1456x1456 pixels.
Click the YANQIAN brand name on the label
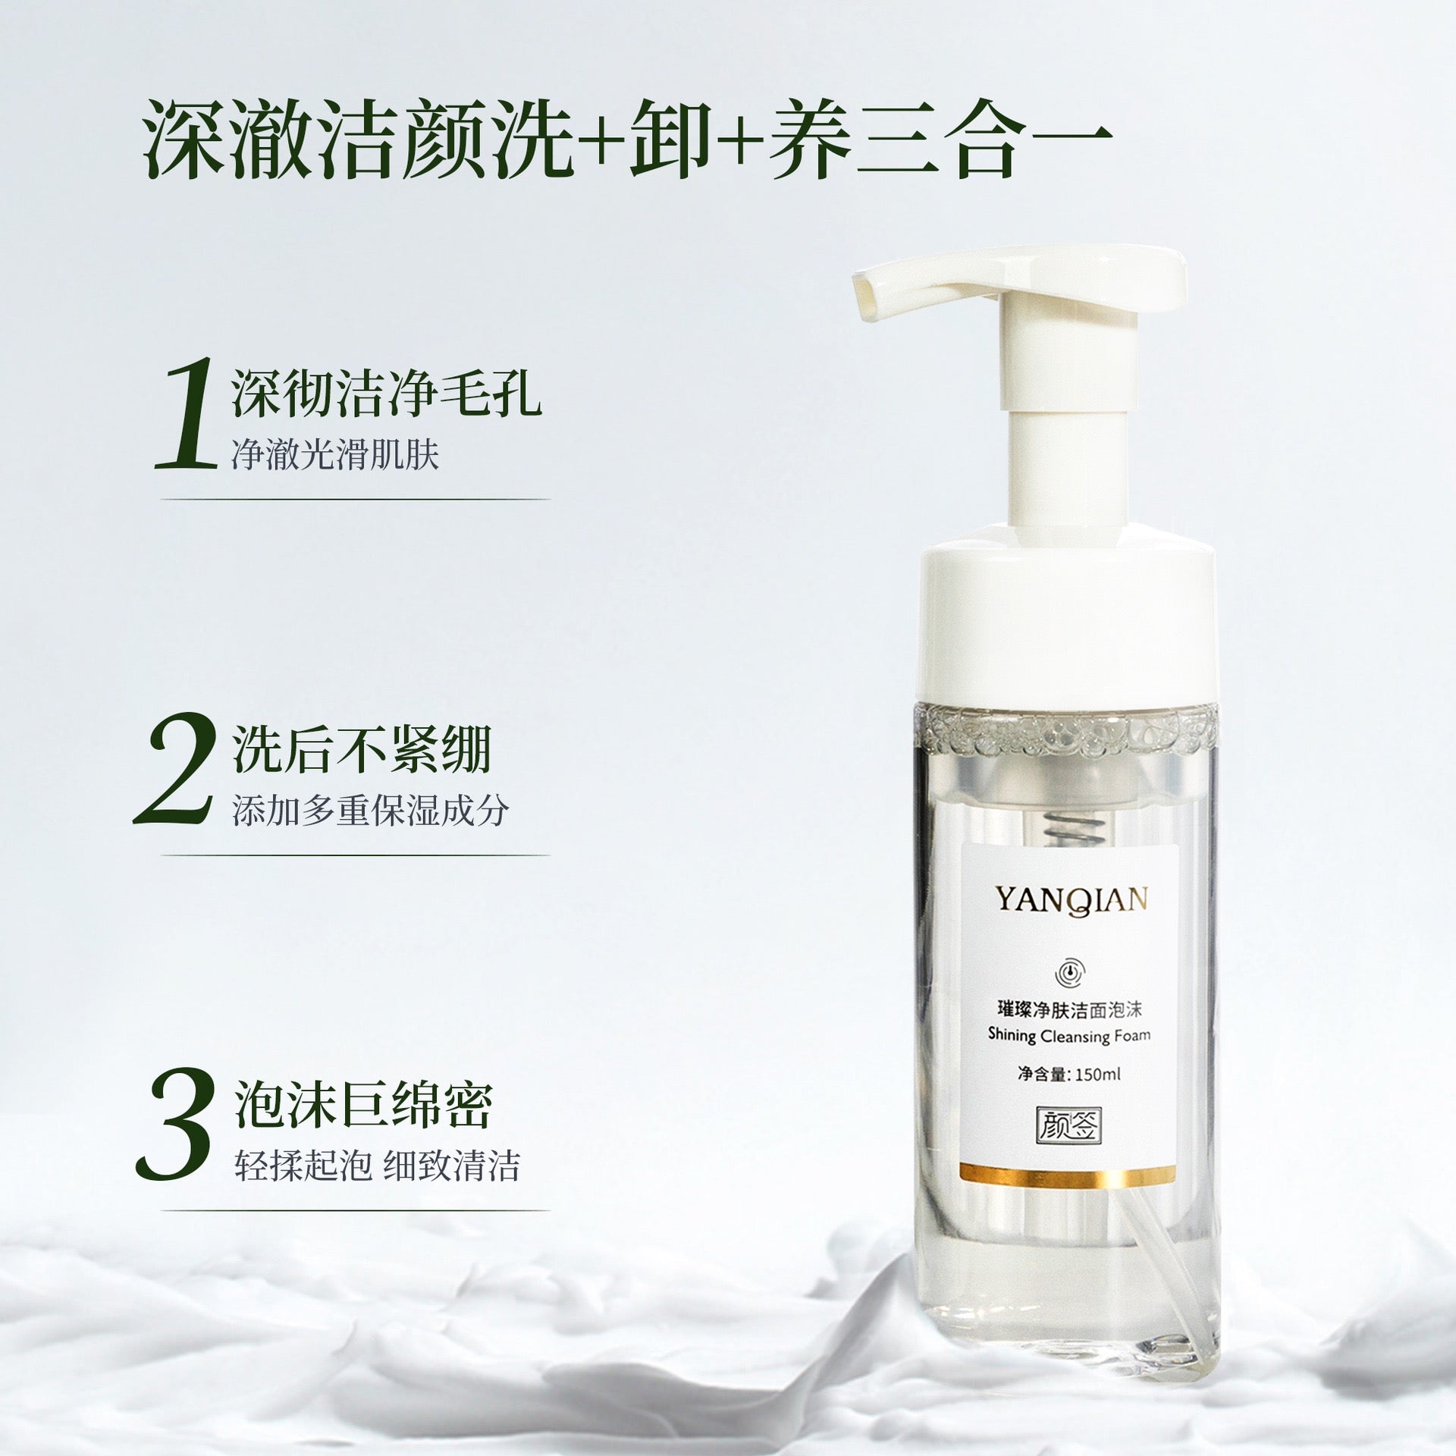pyautogui.click(x=1072, y=900)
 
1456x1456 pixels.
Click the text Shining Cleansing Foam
pyautogui.click(x=1069, y=1035)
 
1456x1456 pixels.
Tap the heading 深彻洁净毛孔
pyautogui.click(x=386, y=394)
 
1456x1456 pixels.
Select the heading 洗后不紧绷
pyautogui.click(x=362, y=751)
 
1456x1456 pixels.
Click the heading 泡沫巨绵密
pyautogui.click(x=363, y=1105)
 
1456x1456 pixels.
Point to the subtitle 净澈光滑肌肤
pyautogui.click(x=335, y=456)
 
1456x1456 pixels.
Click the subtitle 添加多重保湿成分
pyautogui.click(x=370, y=811)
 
